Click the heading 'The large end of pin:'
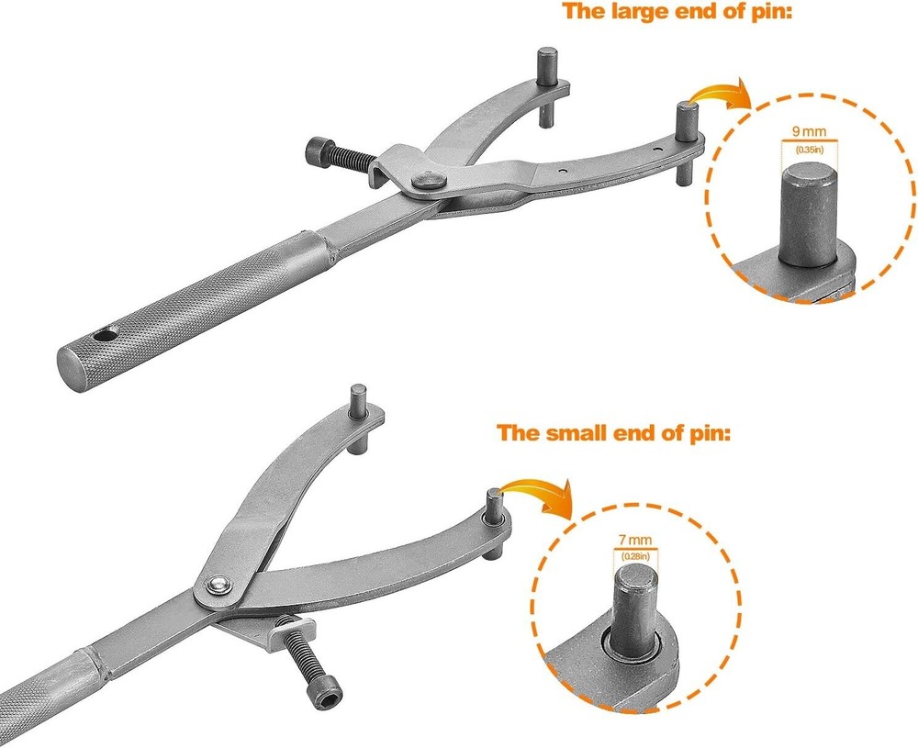tap(677, 11)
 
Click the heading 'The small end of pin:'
tap(614, 433)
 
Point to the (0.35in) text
tap(809, 150)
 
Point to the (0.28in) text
tap(635, 556)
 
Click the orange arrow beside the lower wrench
tap(537, 495)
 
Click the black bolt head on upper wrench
tap(318, 151)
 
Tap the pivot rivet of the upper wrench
tap(429, 180)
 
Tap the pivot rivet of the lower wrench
tap(219, 585)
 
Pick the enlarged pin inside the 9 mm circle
tap(807, 214)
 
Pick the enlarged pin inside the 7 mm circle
tap(635, 612)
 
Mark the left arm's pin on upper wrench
tap(547, 86)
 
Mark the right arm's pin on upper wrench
tap(688, 141)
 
